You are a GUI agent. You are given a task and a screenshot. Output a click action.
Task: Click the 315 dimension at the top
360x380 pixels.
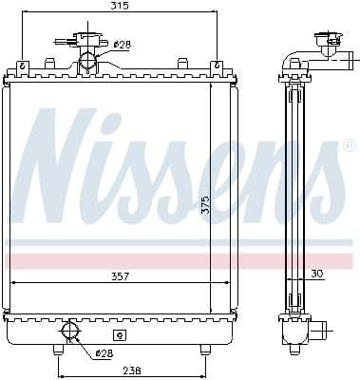[119, 7]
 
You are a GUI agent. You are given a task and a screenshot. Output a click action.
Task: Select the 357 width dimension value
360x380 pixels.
[119, 276]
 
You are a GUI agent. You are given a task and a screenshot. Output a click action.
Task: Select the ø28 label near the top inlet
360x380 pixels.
[121, 45]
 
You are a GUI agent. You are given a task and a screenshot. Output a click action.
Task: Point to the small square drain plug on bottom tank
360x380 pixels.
[119, 334]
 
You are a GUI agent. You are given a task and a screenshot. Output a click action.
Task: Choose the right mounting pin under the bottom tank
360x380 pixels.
[204, 350]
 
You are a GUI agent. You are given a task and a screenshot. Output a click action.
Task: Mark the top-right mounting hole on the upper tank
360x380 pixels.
[218, 65]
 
